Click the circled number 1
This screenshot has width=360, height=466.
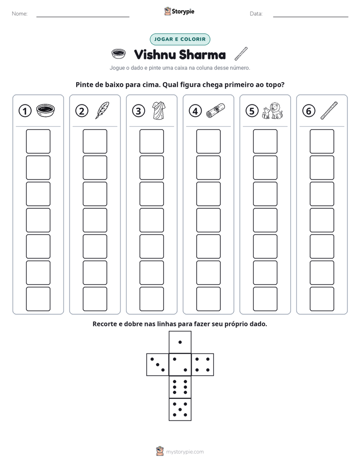(x=25, y=111)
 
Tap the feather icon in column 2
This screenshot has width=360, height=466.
(x=102, y=110)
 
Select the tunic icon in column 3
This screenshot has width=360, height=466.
(x=159, y=110)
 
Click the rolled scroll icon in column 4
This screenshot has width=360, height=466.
(x=215, y=110)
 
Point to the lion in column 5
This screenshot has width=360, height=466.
(x=276, y=110)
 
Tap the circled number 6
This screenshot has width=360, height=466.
(x=309, y=111)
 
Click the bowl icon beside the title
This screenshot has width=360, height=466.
(x=118, y=54)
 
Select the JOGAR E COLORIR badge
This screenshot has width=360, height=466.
(x=180, y=39)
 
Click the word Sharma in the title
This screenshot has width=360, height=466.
(x=202, y=54)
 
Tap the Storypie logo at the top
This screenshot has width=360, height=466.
(x=179, y=11)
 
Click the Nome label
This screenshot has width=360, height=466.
(x=20, y=14)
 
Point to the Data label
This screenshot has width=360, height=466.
(x=256, y=14)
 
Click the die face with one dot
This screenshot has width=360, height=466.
(x=180, y=342)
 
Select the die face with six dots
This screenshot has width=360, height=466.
(x=180, y=387)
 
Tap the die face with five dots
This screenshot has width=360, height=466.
(x=180, y=410)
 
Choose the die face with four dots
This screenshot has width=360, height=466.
(x=203, y=365)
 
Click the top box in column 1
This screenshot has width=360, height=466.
(x=38, y=141)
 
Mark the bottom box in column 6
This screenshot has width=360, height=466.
(x=322, y=299)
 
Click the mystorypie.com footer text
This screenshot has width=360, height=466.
(x=185, y=452)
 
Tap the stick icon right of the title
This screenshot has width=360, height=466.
(x=241, y=54)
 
